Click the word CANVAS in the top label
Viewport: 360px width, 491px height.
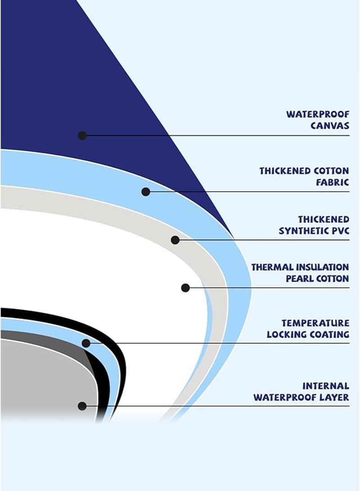(330, 126)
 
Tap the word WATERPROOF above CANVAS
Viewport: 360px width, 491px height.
(318, 114)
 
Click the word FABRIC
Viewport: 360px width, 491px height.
(333, 182)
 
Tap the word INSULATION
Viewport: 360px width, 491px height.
(323, 267)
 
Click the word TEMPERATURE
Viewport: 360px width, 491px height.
(315, 323)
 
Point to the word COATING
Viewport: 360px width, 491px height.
(329, 334)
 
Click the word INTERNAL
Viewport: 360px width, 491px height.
(325, 386)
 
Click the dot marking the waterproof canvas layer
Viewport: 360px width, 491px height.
(82, 135)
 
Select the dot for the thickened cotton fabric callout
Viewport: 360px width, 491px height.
(145, 192)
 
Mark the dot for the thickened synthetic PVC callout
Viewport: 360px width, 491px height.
(175, 240)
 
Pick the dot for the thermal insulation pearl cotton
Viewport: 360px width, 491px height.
(185, 288)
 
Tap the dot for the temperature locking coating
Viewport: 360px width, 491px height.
(86, 343)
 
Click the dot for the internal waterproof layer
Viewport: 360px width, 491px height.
(82, 406)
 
